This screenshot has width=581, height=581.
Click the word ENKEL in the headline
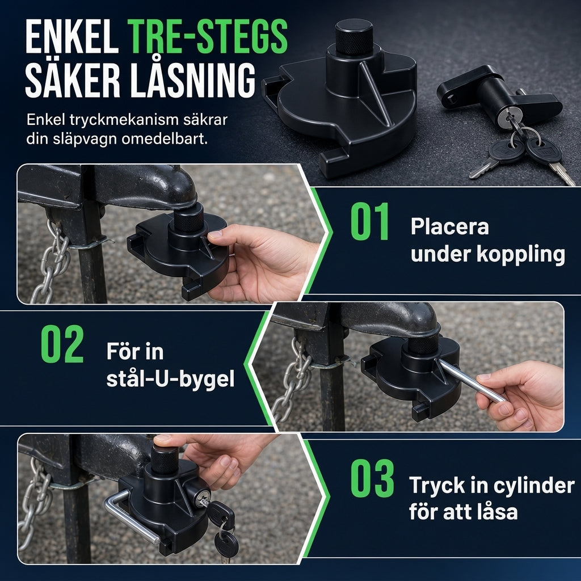pos(72,37)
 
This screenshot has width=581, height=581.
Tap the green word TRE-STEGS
pos(207,37)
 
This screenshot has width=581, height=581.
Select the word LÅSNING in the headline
pos(192,80)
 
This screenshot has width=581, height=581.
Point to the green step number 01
pos(370,221)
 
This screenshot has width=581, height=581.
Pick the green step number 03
pos(372,478)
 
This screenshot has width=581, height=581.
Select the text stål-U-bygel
pos(170,380)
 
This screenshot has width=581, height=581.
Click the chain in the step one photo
pos(50,261)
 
